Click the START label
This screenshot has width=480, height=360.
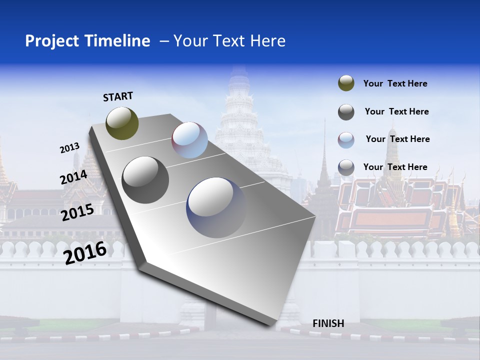point(118,96)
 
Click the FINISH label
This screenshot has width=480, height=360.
point(328,323)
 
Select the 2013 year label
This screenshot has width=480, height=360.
point(69,147)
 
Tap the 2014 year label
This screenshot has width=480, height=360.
point(73,177)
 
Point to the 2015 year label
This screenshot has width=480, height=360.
point(77,212)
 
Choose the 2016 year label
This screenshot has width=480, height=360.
point(85,252)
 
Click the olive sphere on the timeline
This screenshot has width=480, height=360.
point(122,123)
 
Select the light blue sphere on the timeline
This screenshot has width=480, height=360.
point(189,140)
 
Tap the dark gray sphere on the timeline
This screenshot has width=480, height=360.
point(145,179)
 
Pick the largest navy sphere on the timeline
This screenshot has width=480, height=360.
point(216,207)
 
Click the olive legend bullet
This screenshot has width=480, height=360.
point(346,83)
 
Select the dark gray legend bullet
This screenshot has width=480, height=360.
point(346,112)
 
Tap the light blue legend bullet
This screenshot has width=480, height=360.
point(346,139)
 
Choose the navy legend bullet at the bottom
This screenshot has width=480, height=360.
point(346,167)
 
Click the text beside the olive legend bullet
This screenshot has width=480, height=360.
point(395,83)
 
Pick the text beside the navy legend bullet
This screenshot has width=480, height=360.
point(395,167)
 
